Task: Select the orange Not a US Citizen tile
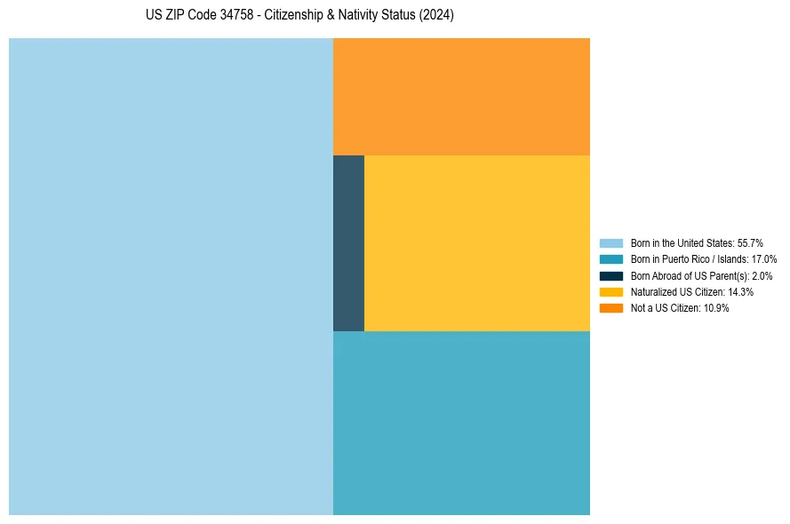tap(461, 97)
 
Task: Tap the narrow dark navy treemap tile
tap(348, 243)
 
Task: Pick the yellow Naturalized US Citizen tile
tap(477, 243)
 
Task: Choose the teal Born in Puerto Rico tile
tap(461, 423)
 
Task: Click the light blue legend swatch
tap(611, 243)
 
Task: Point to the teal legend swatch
tap(611, 259)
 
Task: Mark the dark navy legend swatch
tap(611, 275)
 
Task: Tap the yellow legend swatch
tap(611, 291)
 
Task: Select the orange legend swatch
tap(611, 307)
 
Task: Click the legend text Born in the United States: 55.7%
tap(697, 243)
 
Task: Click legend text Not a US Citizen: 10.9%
tap(680, 307)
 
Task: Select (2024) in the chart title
tap(437, 16)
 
